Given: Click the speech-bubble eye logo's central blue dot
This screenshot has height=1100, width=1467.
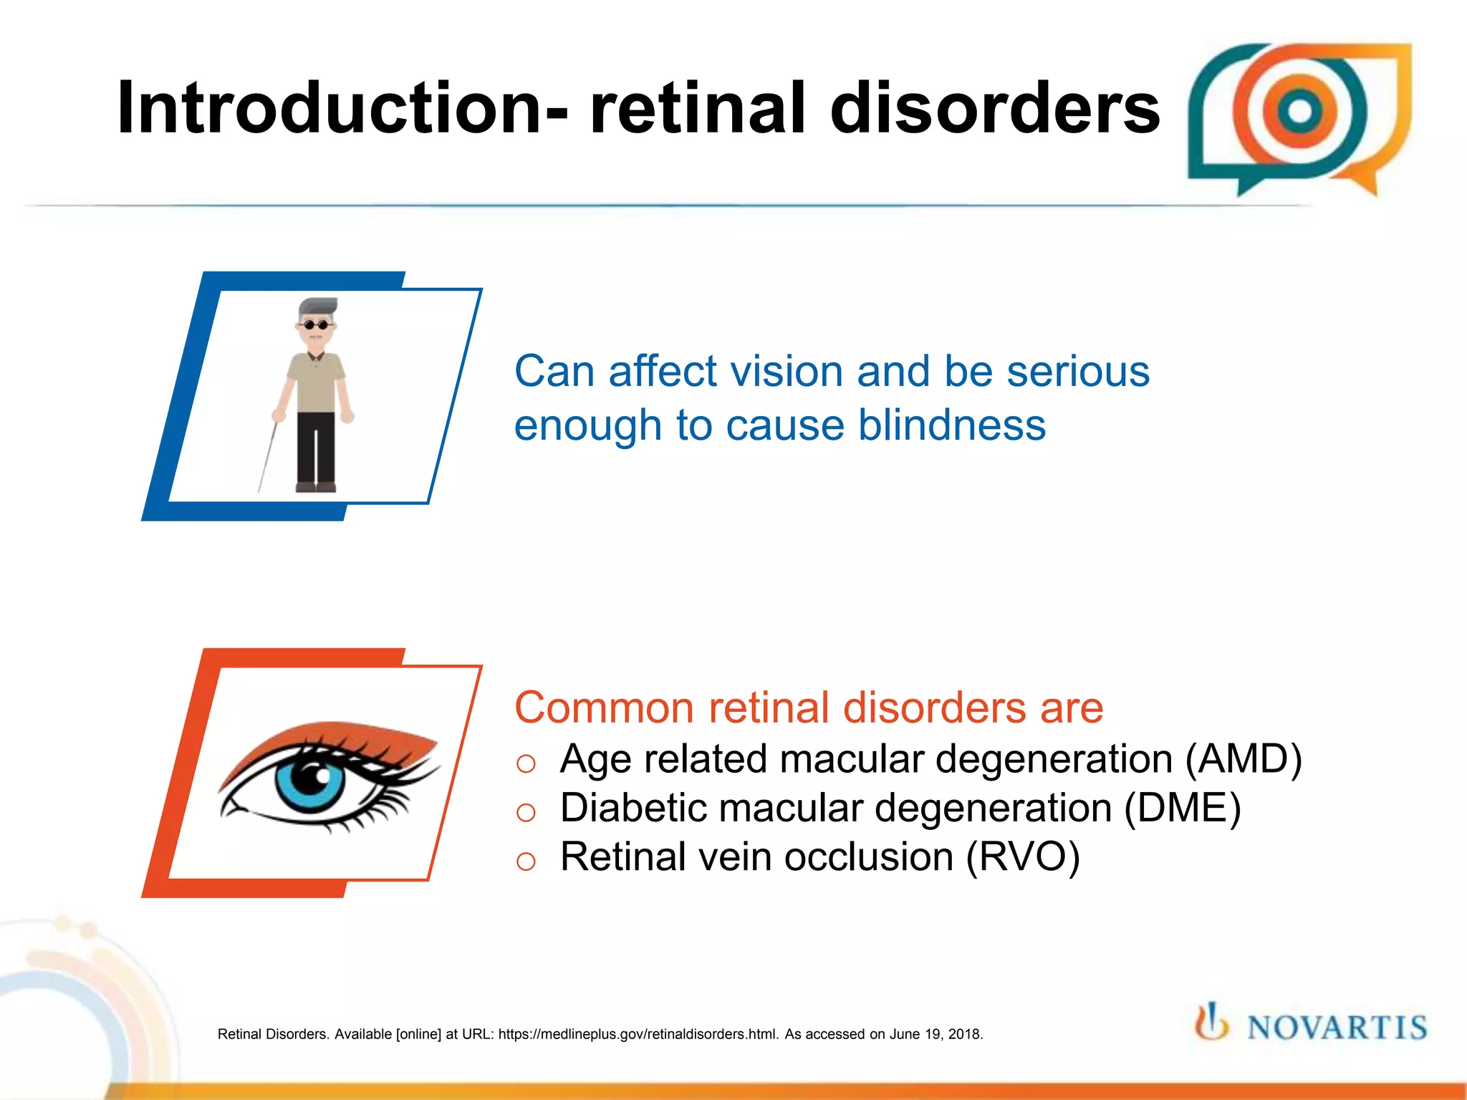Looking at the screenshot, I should click(1299, 111).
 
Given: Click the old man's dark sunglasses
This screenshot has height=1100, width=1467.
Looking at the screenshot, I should click(315, 326).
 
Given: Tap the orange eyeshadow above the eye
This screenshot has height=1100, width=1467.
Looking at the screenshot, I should click(337, 738).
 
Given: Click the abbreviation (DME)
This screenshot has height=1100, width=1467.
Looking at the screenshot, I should click(1182, 808).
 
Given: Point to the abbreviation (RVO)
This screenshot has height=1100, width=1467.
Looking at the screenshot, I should click(1022, 857).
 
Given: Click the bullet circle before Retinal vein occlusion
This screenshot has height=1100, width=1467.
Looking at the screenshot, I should click(526, 861).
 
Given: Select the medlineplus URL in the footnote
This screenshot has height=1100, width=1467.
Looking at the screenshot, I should click(638, 1034).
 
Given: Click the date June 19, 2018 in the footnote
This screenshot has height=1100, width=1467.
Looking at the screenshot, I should click(935, 1034).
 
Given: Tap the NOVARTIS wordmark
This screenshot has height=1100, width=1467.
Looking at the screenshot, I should click(1337, 1028).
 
